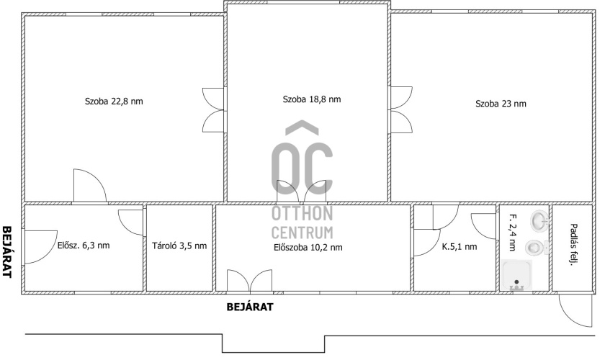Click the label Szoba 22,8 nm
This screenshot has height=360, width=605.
(114, 102)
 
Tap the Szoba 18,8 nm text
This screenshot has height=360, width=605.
(312, 99)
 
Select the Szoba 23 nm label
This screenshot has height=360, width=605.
(501, 104)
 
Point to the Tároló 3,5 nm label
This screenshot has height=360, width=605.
(179, 246)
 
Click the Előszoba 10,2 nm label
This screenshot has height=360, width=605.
(308, 248)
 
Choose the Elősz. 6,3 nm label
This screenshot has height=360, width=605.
(84, 245)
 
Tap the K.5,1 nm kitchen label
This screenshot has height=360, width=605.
(460, 246)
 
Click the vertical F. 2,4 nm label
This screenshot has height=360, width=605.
(512, 233)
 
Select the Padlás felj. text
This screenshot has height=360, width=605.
(573, 245)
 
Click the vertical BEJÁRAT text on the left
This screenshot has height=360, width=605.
(7, 251)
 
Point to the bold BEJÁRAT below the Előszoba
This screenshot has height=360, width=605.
(250, 307)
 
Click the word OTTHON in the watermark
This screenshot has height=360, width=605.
(302, 213)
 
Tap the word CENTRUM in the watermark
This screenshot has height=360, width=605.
(302, 233)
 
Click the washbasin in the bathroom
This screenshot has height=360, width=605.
(539, 220)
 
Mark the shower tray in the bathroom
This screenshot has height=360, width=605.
(517, 275)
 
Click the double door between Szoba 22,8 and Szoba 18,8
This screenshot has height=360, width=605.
(213, 110)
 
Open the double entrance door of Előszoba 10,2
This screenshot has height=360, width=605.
(250, 281)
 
